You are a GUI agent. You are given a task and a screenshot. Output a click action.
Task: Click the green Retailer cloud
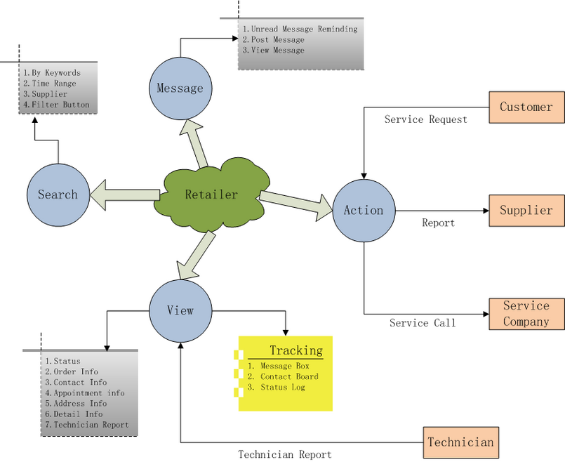click(211, 194)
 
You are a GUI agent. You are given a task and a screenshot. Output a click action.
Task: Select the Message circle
click(180, 88)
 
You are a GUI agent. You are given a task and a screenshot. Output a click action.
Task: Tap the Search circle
click(58, 194)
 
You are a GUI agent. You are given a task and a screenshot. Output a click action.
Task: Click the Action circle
click(364, 210)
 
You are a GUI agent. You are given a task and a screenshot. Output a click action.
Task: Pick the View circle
click(180, 310)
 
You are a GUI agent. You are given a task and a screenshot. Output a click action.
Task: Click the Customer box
click(526, 107)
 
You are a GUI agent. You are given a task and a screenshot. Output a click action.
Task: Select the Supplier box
click(526, 210)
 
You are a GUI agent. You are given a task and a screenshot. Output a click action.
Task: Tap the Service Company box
click(526, 314)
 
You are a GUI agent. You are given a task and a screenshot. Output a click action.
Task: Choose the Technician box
click(461, 442)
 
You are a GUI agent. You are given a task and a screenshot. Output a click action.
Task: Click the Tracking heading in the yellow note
click(296, 350)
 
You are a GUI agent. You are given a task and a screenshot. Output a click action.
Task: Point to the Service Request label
click(425, 119)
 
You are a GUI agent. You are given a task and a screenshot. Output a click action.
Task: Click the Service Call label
click(423, 323)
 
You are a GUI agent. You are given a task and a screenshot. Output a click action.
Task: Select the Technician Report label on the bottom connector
click(285, 454)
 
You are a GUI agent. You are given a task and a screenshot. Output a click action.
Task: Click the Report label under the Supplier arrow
click(438, 223)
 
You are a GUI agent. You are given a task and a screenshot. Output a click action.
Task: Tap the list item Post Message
click(273, 40)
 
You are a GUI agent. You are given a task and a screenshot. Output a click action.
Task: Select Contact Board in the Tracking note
click(288, 376)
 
